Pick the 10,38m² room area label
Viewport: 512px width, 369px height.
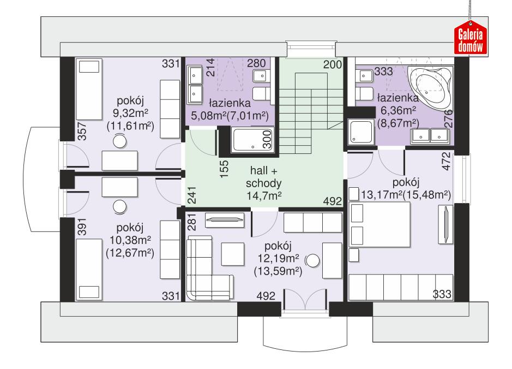(131, 240)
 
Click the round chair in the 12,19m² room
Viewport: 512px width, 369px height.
(312, 260)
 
